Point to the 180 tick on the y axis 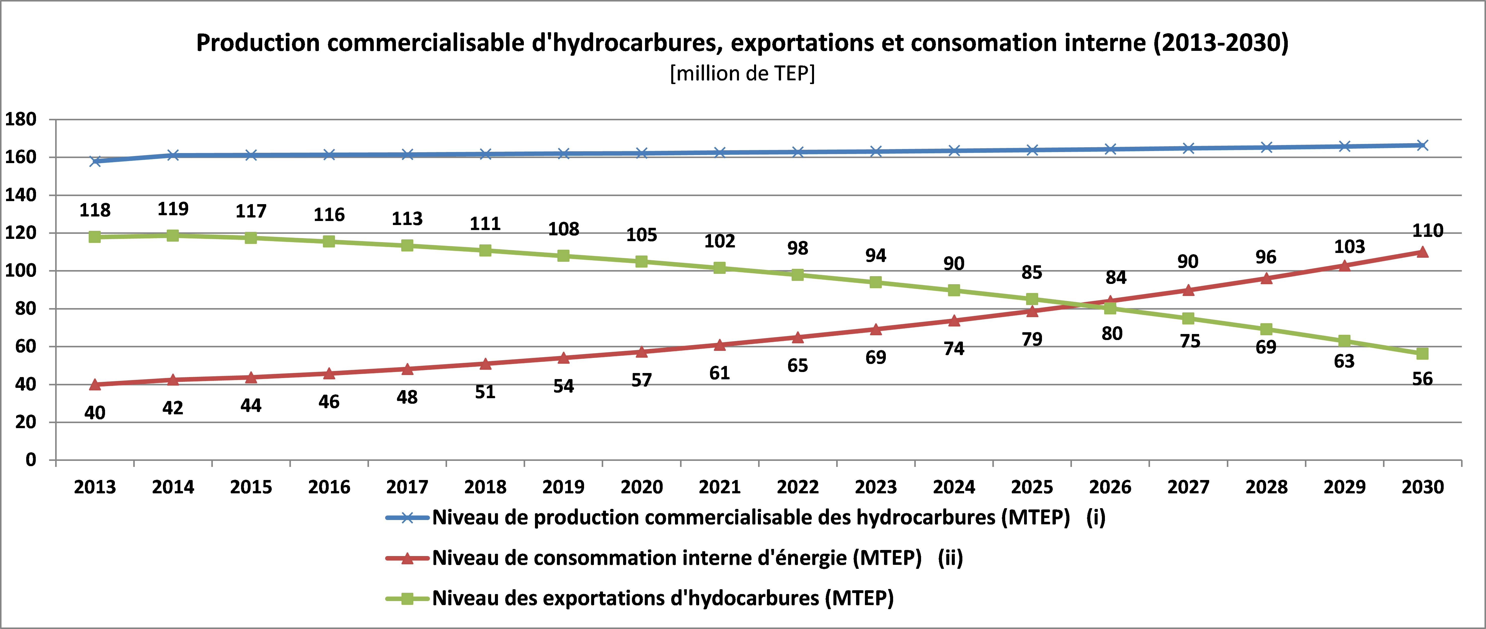pyautogui.click(x=21, y=119)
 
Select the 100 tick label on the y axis pyautogui.click(x=21, y=270)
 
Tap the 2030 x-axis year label pyautogui.click(x=1423, y=487)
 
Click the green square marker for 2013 pyautogui.click(x=95, y=237)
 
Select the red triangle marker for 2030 pyautogui.click(x=1423, y=252)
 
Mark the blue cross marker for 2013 pyautogui.click(x=95, y=161)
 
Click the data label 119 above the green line pyautogui.click(x=173, y=209)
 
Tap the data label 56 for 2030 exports pyautogui.click(x=1423, y=379)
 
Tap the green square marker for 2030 pyautogui.click(x=1423, y=353)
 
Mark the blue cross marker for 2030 pyautogui.click(x=1423, y=145)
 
